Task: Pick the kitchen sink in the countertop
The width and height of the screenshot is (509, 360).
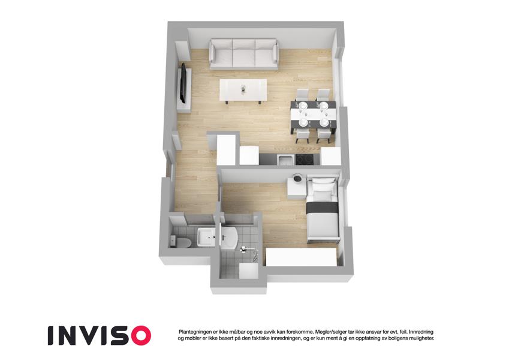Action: point(285,160)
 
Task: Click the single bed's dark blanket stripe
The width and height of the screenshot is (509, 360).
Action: point(323,208)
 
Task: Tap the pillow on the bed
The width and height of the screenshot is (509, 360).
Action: point(323,195)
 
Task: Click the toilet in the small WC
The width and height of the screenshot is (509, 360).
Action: point(181,242)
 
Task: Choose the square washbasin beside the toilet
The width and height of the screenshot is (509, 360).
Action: point(206,237)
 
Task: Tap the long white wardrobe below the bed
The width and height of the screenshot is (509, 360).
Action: point(301,257)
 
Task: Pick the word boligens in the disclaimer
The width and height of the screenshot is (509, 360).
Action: point(391,338)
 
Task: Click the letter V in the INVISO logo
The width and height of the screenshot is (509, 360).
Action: point(93,335)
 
